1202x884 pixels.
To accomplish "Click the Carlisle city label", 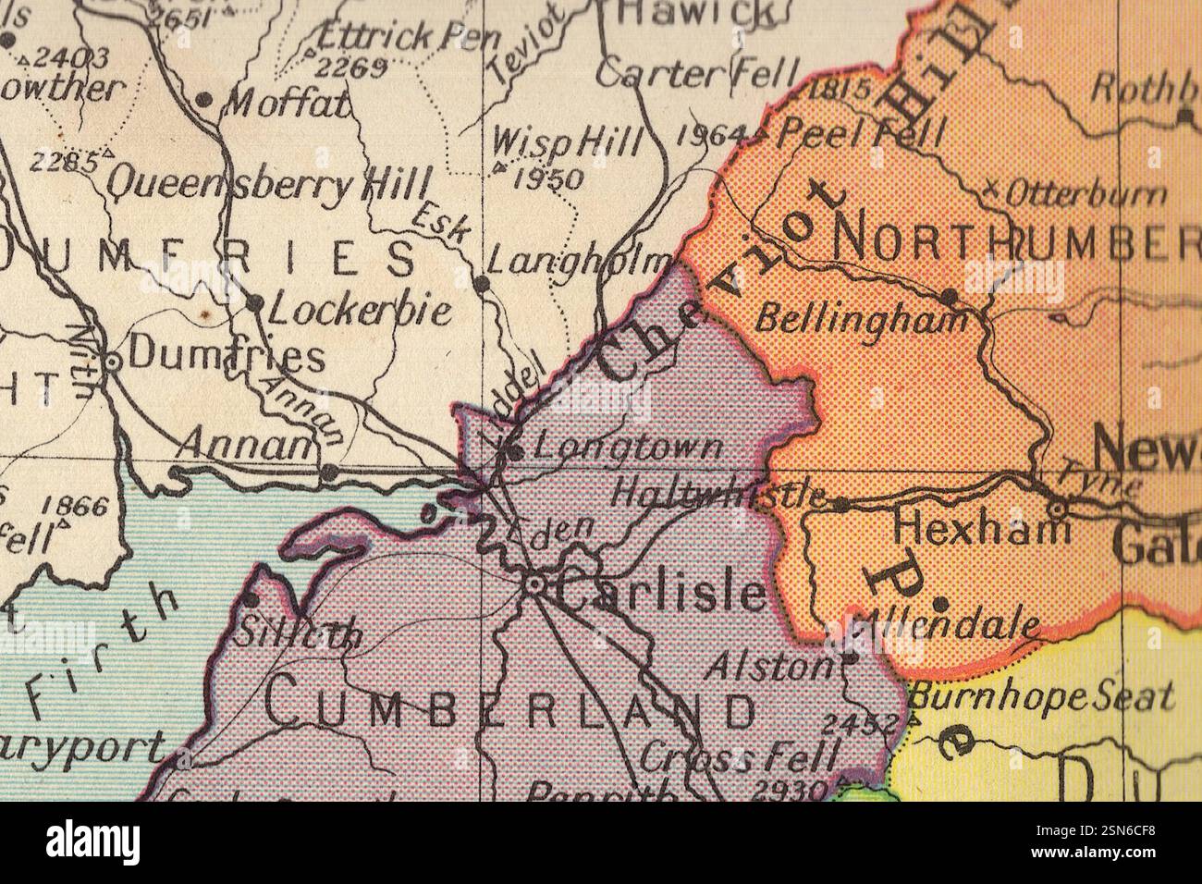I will click(x=662, y=593).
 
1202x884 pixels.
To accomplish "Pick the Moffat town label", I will click(x=287, y=103).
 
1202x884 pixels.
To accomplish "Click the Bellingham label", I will click(x=862, y=320).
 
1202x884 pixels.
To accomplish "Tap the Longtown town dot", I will click(x=514, y=452).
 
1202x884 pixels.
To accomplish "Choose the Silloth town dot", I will click(x=250, y=600).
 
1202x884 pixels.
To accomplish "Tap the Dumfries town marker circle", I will click(x=111, y=362).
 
